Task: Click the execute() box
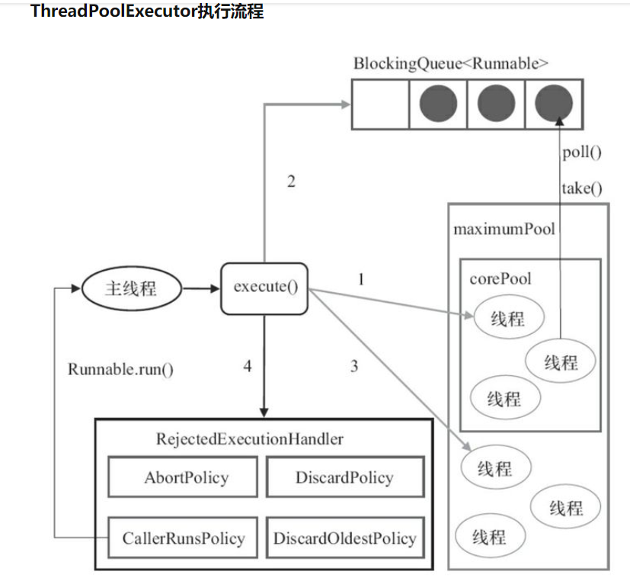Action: pos(264,288)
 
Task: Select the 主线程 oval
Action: pos(132,289)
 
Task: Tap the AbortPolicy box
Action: pos(186,478)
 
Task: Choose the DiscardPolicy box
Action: pos(344,478)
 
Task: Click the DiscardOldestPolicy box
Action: pos(344,538)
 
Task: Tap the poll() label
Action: pos(581,153)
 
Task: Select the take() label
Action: pos(581,188)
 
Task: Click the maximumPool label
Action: pos(504,229)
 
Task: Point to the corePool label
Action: pos(500,278)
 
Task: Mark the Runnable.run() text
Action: pos(120,370)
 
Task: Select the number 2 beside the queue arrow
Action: pos(291,181)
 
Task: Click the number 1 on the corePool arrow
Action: pos(361,279)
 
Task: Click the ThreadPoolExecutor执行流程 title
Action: pos(147,12)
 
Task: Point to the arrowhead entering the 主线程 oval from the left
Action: pos(75,289)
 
